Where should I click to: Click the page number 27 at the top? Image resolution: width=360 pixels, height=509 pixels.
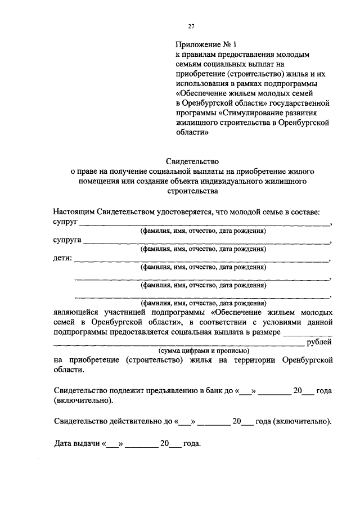click(x=191, y=26)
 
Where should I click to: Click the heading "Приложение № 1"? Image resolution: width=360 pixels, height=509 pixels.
click(x=203, y=44)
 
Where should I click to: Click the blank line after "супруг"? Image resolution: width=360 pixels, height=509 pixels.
click(x=205, y=224)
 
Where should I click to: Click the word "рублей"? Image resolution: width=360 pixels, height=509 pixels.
click(x=319, y=342)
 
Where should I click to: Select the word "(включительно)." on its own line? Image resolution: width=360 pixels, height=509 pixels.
click(x=83, y=401)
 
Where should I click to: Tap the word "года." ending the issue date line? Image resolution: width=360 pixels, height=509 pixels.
click(x=191, y=443)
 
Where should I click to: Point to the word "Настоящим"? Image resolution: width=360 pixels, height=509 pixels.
click(x=73, y=212)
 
